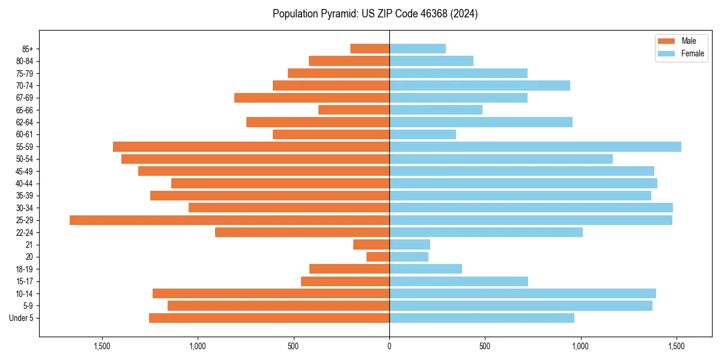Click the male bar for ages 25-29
(230, 220)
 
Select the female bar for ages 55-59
(535, 147)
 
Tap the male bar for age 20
(378, 257)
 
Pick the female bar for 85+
(418, 49)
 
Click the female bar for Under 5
(482, 318)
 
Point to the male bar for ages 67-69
(312, 98)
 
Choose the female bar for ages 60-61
(422, 134)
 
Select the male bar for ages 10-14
(271, 293)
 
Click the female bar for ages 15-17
(458, 281)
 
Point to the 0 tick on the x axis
(389, 346)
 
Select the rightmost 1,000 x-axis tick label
(580, 346)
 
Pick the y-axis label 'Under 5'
(22, 318)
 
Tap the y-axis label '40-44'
(25, 184)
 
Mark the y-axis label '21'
(29, 245)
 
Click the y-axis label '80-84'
(25, 61)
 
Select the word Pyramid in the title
(338, 14)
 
